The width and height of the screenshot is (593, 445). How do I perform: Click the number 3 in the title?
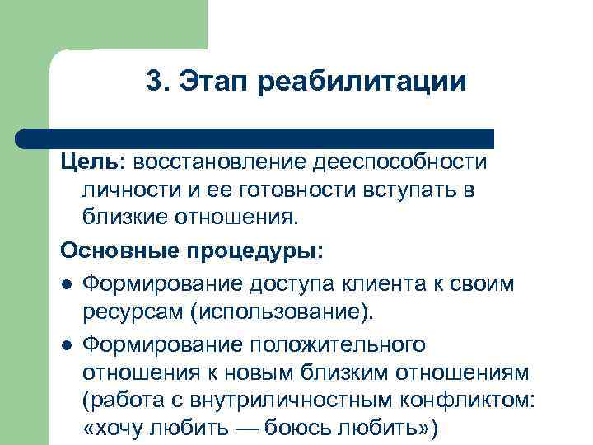pyautogui.click(x=153, y=82)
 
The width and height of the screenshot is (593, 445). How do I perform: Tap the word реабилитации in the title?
pyautogui.click(x=362, y=82)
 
